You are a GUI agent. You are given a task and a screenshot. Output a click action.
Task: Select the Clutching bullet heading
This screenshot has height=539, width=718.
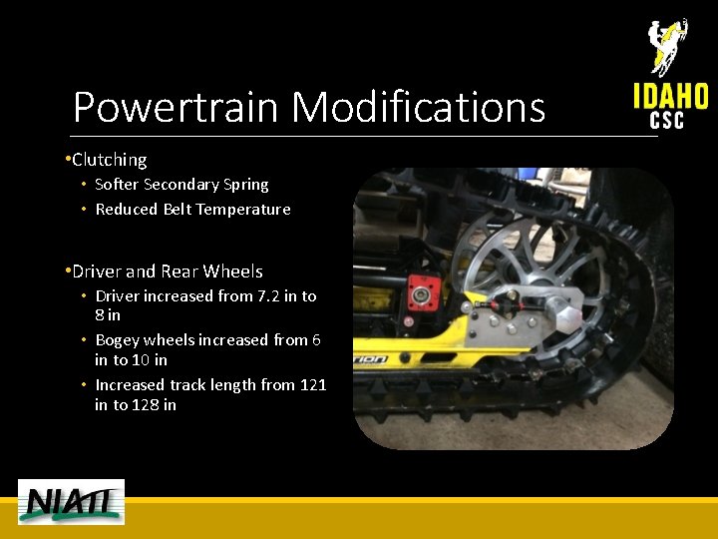coord(109,160)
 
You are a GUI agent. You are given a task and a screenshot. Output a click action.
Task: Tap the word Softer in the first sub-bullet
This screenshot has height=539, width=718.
coord(117,185)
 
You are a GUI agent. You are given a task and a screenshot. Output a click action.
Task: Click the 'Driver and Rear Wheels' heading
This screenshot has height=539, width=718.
coord(167,271)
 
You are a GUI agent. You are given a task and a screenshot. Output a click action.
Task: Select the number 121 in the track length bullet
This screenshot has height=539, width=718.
coord(313,384)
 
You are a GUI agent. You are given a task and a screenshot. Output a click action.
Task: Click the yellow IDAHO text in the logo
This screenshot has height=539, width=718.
coord(670,97)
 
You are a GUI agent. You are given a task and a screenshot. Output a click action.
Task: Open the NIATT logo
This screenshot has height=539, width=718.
coord(71,501)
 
